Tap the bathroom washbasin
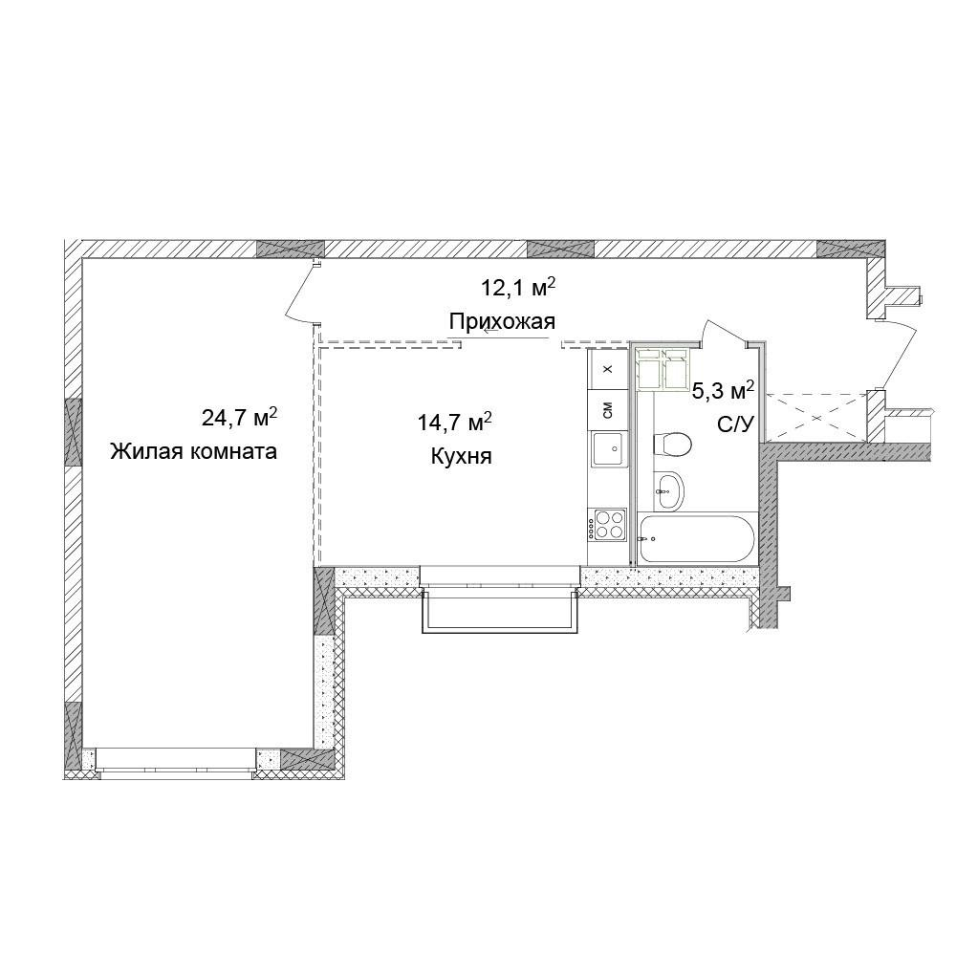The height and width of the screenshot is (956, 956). pyautogui.click(x=669, y=491)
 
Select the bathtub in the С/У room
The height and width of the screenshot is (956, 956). pyautogui.click(x=697, y=539)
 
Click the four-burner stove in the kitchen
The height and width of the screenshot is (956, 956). pyautogui.click(x=607, y=524)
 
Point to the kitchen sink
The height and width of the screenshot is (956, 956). pyautogui.click(x=608, y=448)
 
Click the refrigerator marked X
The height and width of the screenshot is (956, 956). pyautogui.click(x=607, y=369)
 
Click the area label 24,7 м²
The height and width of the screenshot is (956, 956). pyautogui.click(x=240, y=417)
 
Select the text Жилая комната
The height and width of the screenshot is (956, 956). pyautogui.click(x=193, y=452)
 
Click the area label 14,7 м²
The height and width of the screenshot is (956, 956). pyautogui.click(x=455, y=422)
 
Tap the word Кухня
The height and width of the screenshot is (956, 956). pyautogui.click(x=461, y=456)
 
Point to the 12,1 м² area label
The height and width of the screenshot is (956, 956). pyautogui.click(x=518, y=287)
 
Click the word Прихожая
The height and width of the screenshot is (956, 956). pyautogui.click(x=503, y=320)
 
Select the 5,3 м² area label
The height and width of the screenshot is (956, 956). pyautogui.click(x=724, y=390)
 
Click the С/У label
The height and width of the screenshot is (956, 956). pyautogui.click(x=736, y=424)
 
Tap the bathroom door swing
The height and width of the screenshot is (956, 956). pyautogui.click(x=725, y=333)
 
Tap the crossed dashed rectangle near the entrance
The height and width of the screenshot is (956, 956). pyautogui.click(x=815, y=418)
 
